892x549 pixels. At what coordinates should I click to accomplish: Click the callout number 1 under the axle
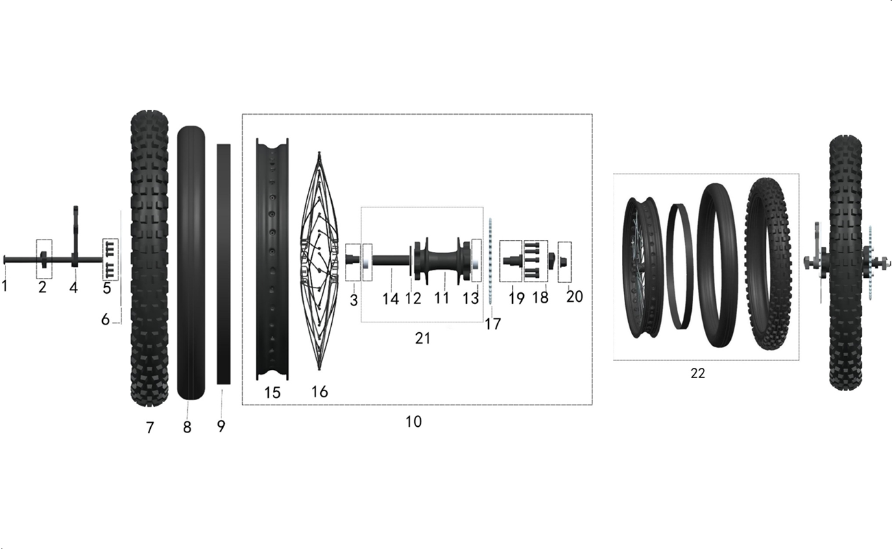point(4,285)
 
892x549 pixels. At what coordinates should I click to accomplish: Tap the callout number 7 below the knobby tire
point(149,428)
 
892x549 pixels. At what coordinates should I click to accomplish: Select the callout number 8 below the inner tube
point(187,427)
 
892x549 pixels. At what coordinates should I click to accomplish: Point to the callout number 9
point(221,425)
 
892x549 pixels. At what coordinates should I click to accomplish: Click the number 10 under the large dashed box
point(413,421)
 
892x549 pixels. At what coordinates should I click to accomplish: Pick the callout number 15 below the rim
point(272,393)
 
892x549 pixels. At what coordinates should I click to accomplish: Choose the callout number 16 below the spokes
point(320,392)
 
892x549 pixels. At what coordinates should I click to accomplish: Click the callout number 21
point(422,338)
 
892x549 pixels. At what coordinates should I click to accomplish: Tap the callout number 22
point(698,373)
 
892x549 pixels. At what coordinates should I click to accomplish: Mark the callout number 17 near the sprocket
point(492,324)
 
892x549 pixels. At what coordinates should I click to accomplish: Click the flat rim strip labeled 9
point(224,264)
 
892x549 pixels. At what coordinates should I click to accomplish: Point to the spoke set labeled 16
point(320,261)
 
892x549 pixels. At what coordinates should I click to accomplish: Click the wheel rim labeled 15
point(272,259)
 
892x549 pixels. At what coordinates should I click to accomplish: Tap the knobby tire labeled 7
point(149,258)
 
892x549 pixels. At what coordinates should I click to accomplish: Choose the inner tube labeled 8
point(191,263)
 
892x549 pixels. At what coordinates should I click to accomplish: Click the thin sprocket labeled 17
point(490,261)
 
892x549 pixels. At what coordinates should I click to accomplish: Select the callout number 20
point(575,296)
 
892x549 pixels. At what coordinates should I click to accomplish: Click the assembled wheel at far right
point(846,263)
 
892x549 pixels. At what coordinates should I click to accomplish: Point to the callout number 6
point(105,319)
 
